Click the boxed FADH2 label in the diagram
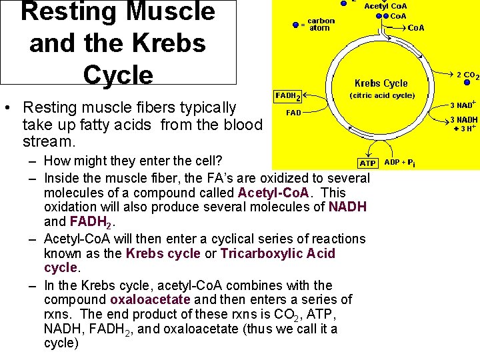pos(288,96)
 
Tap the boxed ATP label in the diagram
pos(367,163)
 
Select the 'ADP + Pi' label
pos(399,162)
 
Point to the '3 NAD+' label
pos(462,105)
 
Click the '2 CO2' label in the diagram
pos(465,75)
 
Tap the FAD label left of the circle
pos(293,113)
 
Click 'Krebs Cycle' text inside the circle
pos(381,83)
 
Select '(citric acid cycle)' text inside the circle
pos(382,95)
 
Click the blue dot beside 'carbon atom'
pos(296,25)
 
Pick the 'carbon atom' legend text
pos(321,24)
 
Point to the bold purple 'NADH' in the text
pos(347,207)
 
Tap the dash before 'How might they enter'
pos(32,161)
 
